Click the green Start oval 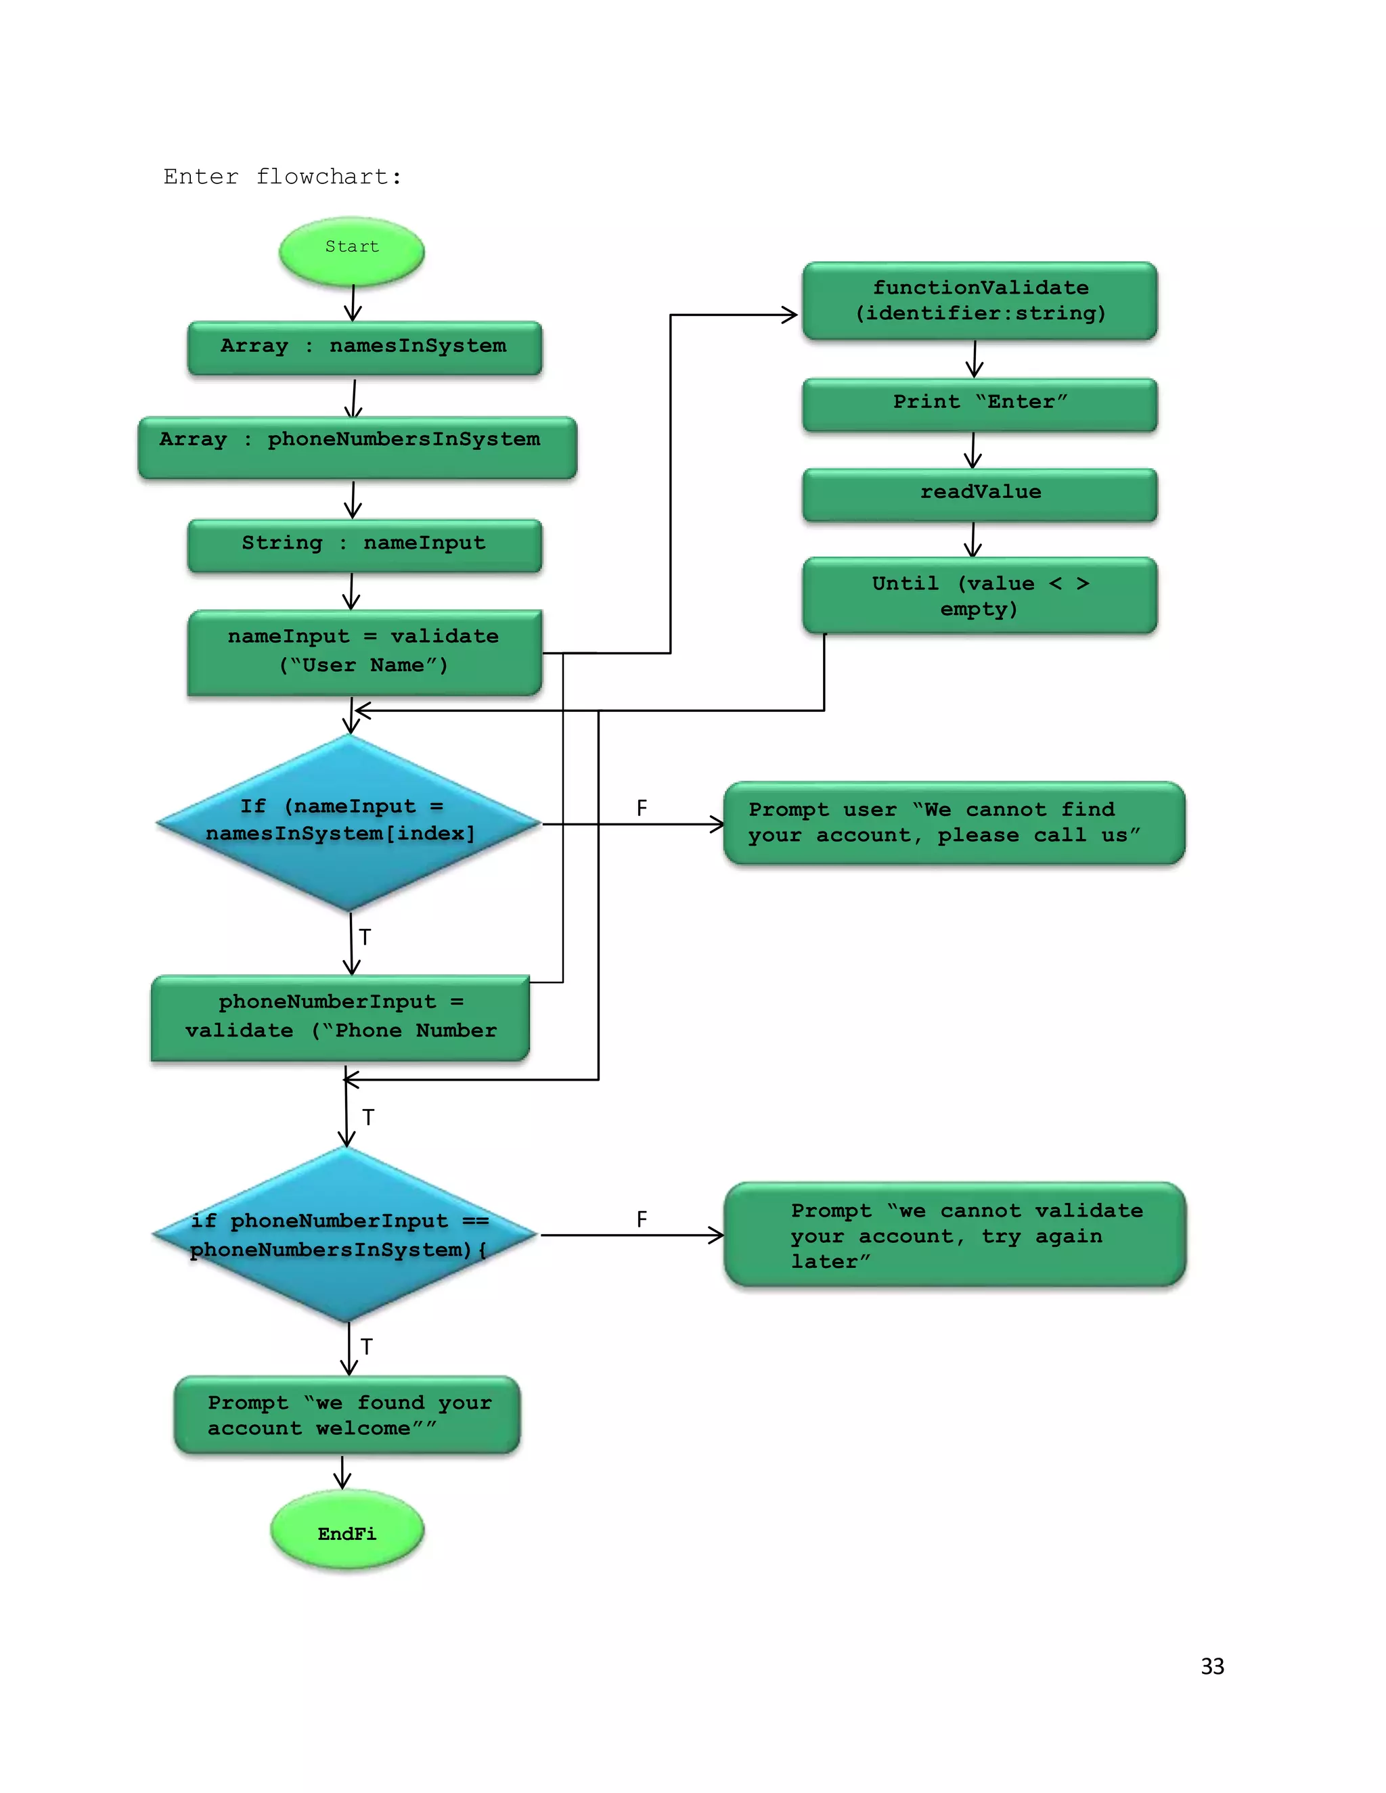point(351,250)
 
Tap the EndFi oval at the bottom point(346,1532)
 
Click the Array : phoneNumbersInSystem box point(357,446)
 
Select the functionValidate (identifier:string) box point(979,300)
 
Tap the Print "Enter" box point(979,403)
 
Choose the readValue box point(979,493)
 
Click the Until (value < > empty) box point(979,596)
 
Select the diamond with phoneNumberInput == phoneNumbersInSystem point(346,1234)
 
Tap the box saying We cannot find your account point(954,823)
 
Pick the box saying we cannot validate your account point(954,1234)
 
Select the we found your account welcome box point(346,1415)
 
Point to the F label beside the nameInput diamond point(642,809)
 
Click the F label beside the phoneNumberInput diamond point(642,1219)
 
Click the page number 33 point(1212,1666)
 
